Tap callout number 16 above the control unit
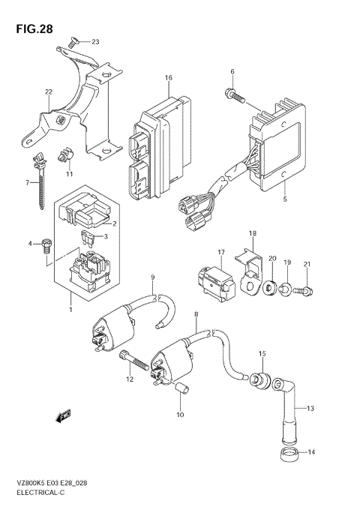coord(169,78)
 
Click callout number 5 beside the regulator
coord(284,199)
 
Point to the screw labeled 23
coord(73,43)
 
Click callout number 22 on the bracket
coord(48,92)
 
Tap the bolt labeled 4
coord(47,244)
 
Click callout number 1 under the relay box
coord(71,309)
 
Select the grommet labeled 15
coord(260,379)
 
